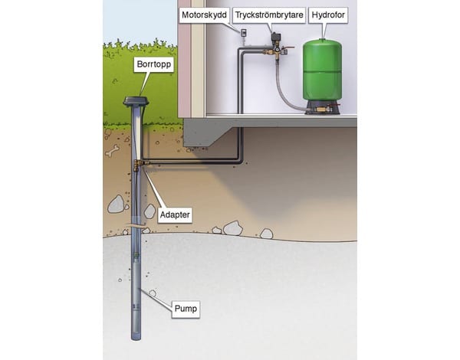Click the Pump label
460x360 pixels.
pos(185,309)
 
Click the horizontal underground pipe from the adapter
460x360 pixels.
pos(192,162)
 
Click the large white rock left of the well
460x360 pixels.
pos(116,205)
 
